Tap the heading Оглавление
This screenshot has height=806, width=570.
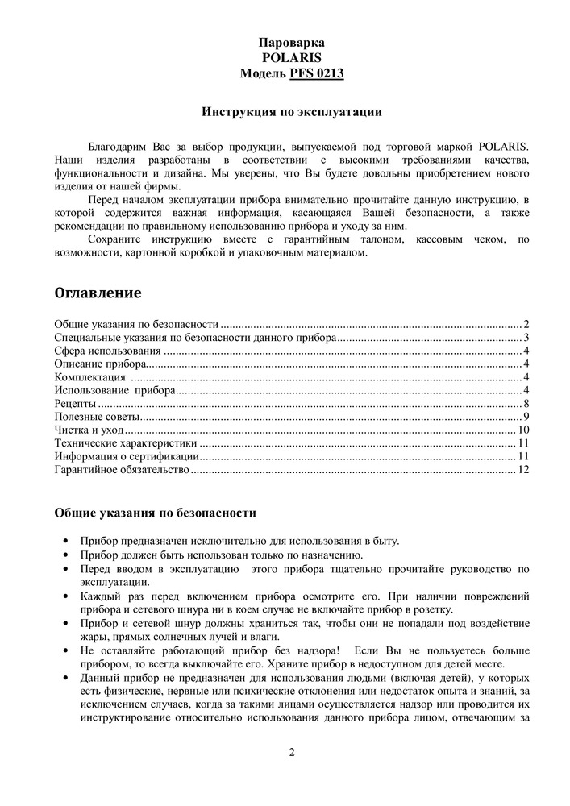pos(98,291)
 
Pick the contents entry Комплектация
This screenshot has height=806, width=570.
pos(89,377)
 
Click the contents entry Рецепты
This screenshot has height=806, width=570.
pos(75,403)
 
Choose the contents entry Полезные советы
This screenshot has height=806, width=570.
pos(97,417)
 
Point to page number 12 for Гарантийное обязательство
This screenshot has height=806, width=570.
pos(522,469)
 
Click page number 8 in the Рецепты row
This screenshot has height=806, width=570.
pos(525,403)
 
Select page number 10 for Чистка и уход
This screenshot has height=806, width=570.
pos(522,430)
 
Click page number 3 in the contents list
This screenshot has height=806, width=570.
pos(525,338)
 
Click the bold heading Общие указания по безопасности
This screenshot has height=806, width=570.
pos(156,512)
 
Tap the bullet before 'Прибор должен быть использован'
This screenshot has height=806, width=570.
pos(65,556)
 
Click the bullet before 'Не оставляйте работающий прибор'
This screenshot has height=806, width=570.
pos(65,650)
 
